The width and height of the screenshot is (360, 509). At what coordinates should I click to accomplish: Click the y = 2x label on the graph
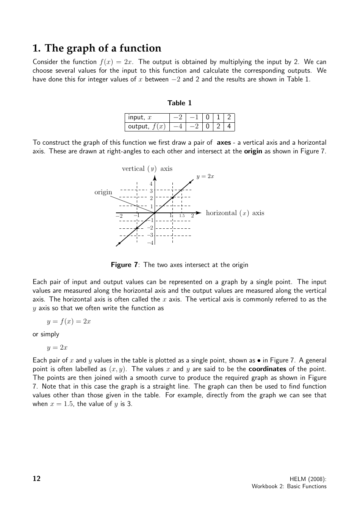click(205, 176)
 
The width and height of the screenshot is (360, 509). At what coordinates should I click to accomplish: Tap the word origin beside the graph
click(103, 192)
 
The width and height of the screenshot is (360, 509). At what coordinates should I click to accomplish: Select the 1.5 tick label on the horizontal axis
click(182, 216)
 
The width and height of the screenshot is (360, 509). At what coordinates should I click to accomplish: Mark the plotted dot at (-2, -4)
click(119, 243)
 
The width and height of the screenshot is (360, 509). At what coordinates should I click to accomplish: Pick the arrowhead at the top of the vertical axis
click(155, 178)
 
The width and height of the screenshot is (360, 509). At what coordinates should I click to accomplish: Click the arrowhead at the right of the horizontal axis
click(198, 213)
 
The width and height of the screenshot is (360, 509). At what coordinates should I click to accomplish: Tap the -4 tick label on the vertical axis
click(150, 243)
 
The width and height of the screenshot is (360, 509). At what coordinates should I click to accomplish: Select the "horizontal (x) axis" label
click(235, 213)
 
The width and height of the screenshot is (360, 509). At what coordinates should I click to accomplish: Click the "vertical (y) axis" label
click(147, 169)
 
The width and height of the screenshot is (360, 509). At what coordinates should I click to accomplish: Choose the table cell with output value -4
click(178, 126)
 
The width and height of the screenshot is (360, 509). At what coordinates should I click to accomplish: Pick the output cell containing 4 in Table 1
click(229, 126)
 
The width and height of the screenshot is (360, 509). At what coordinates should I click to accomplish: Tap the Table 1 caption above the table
click(180, 103)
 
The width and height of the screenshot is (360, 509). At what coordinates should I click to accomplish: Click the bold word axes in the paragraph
click(224, 142)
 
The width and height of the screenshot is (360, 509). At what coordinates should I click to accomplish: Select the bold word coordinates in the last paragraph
click(267, 369)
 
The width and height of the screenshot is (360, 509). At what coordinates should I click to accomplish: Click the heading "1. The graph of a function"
click(97, 48)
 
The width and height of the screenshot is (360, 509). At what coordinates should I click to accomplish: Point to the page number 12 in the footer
click(37, 479)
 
